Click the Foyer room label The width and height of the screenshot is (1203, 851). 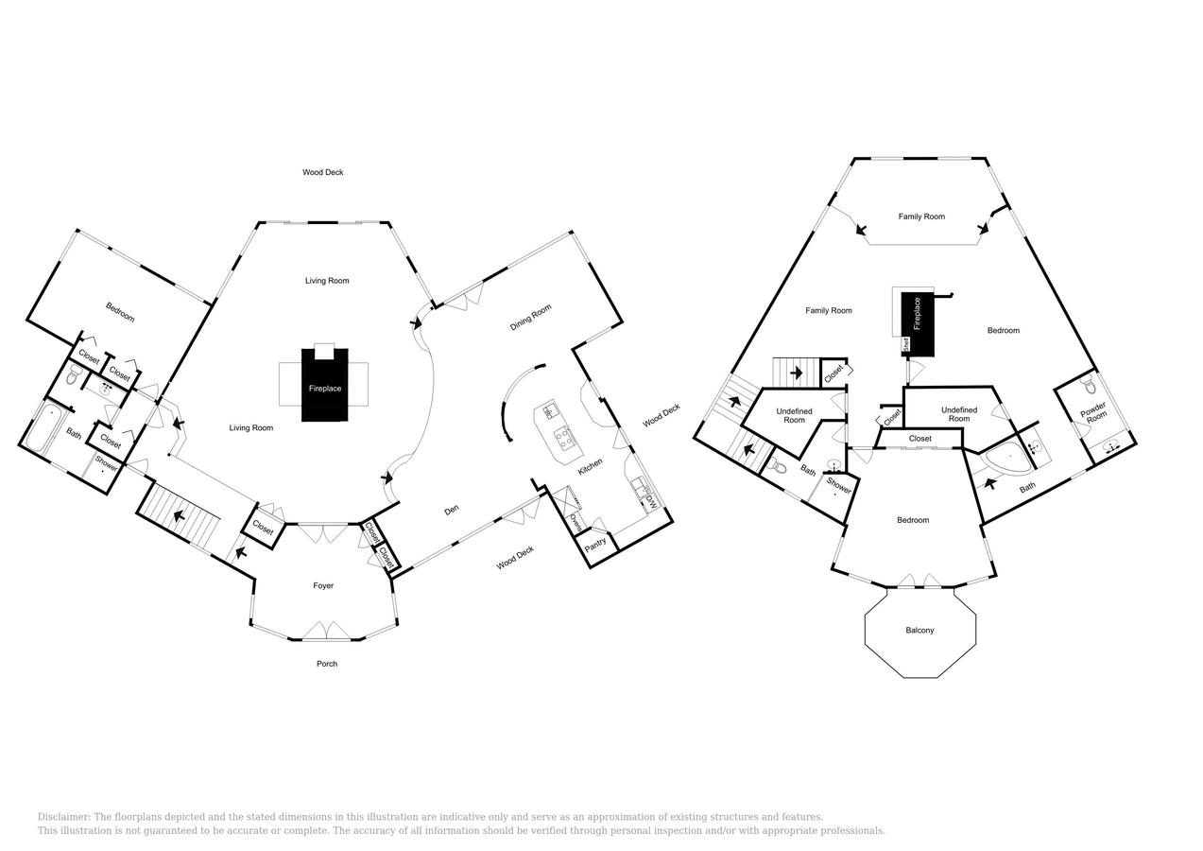[323, 585]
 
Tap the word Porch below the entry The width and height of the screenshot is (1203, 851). [327, 664]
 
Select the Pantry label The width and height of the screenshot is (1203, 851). [595, 545]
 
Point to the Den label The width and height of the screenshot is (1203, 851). [452, 510]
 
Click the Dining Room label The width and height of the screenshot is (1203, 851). [530, 317]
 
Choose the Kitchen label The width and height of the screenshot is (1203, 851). [591, 466]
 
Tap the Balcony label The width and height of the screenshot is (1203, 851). [920, 630]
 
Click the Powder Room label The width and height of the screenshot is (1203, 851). [1094, 411]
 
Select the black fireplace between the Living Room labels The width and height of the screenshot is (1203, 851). [325, 385]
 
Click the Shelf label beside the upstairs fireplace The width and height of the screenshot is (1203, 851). [906, 344]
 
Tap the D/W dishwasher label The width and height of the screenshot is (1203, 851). [651, 502]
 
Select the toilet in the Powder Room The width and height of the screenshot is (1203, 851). [1088, 385]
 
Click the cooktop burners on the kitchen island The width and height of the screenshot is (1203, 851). [565, 436]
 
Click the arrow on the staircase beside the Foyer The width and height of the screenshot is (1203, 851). [178, 517]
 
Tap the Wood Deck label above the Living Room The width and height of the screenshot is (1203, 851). [323, 172]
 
